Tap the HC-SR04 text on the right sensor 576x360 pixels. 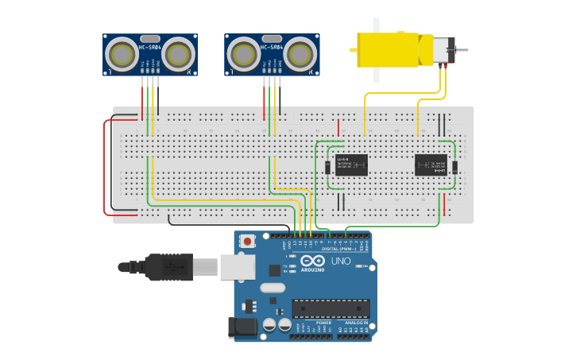coord(272,48)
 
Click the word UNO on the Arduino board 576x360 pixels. coord(341,261)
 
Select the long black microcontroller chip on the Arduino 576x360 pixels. coord(331,308)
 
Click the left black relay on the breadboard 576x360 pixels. coord(350,165)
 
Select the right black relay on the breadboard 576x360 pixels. coord(431,165)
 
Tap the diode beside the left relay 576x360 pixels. coord(327,167)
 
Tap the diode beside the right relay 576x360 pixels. coord(454,167)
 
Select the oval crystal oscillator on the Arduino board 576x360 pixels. coord(272,288)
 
